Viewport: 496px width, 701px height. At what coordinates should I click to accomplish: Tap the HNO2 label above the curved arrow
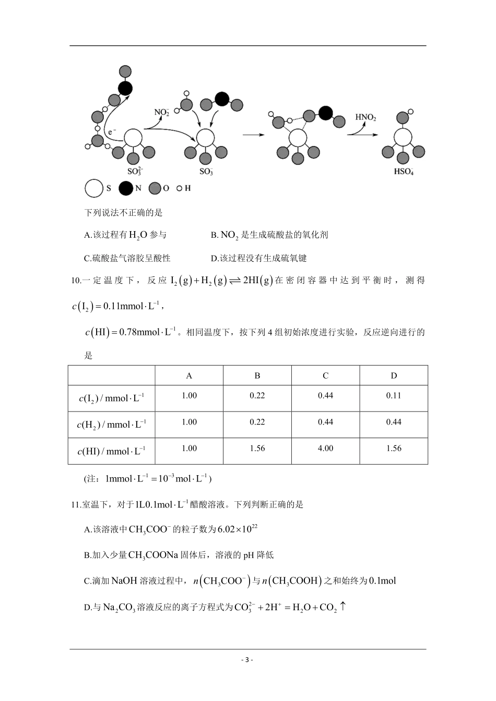click(x=365, y=117)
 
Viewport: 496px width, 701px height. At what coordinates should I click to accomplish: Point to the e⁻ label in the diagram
click(x=112, y=133)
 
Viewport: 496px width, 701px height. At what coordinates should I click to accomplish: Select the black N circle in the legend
click(x=125, y=188)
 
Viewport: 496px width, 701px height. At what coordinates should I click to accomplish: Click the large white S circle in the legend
click(x=94, y=188)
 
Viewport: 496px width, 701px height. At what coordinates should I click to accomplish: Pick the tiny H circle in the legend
click(x=179, y=188)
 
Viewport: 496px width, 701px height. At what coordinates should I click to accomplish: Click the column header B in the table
click(x=257, y=376)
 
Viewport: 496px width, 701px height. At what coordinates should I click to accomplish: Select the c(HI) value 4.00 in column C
click(x=325, y=448)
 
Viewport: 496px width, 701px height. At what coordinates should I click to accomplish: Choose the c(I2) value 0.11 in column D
click(x=394, y=395)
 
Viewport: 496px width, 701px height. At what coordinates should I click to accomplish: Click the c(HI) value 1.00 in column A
click(x=189, y=448)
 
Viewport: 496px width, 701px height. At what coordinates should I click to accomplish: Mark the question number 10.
click(x=75, y=281)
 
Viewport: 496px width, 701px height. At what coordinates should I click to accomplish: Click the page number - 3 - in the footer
click(x=247, y=659)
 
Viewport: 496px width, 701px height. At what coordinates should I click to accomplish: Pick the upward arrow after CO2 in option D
click(x=343, y=607)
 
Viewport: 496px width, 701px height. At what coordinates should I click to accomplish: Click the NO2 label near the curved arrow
click(x=161, y=112)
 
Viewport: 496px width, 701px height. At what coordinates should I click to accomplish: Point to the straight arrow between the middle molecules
click(x=254, y=135)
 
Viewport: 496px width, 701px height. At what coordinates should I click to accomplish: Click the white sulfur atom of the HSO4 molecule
click(x=403, y=138)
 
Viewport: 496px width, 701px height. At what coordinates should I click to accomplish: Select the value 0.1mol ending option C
click(x=382, y=581)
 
